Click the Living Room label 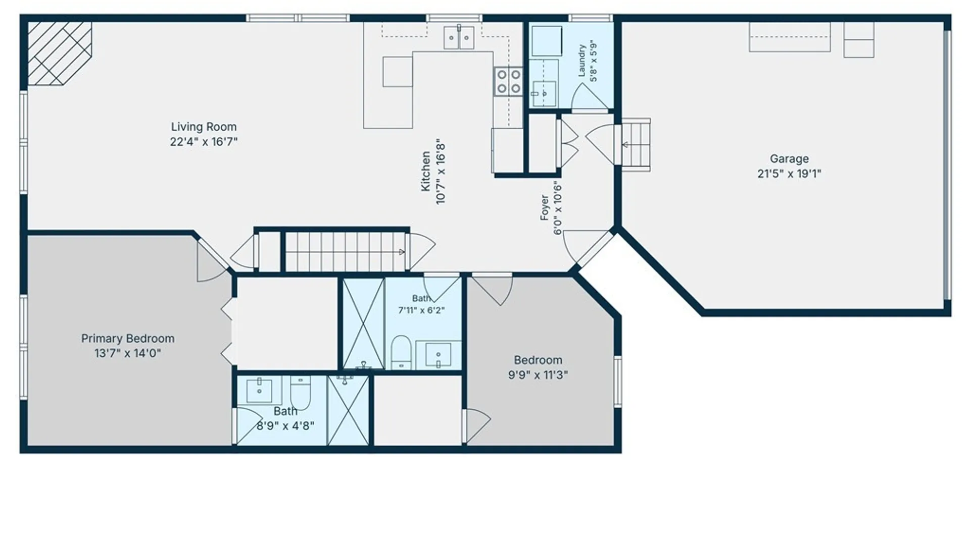coord(204,127)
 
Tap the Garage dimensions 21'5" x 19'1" coord(789,174)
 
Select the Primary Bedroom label coord(128,338)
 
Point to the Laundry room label coord(581,61)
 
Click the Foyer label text coord(544,207)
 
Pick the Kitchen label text coord(425,172)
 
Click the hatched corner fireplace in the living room coord(59,52)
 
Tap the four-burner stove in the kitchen coord(508,82)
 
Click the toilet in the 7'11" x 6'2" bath coord(401,352)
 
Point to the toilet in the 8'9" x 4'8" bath coord(301,393)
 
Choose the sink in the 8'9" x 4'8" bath coord(259,391)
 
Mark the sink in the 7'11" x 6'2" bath coord(438,355)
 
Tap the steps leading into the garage coord(636,144)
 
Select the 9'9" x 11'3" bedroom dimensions coord(538,375)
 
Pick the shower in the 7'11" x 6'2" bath coord(363,323)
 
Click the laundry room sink coord(544,93)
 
